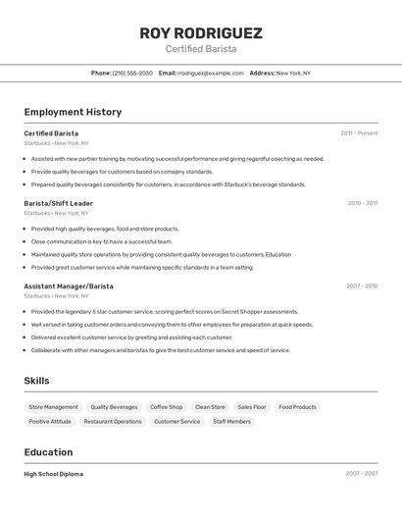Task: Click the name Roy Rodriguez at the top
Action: click(x=200, y=32)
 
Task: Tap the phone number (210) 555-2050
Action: click(x=132, y=73)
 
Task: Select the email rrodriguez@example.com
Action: click(x=211, y=73)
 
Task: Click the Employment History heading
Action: click(x=73, y=112)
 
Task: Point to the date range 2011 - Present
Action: click(x=359, y=132)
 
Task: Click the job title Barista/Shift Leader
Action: click(x=58, y=203)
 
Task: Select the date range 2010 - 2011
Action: click(x=362, y=203)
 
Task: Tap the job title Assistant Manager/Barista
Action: click(x=69, y=286)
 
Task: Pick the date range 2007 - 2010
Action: click(x=362, y=286)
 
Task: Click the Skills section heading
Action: click(x=36, y=381)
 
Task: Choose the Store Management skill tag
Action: click(x=53, y=407)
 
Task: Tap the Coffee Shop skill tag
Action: click(x=166, y=407)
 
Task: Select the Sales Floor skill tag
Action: click(x=252, y=407)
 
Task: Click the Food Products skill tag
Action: click(x=297, y=407)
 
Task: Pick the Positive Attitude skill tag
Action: click(x=50, y=422)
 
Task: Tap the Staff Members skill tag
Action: click(x=231, y=422)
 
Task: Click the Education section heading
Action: click(x=48, y=452)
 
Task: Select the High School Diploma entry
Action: click(x=54, y=474)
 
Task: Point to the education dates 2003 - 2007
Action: click(x=362, y=474)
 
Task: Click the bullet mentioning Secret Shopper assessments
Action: click(x=165, y=311)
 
